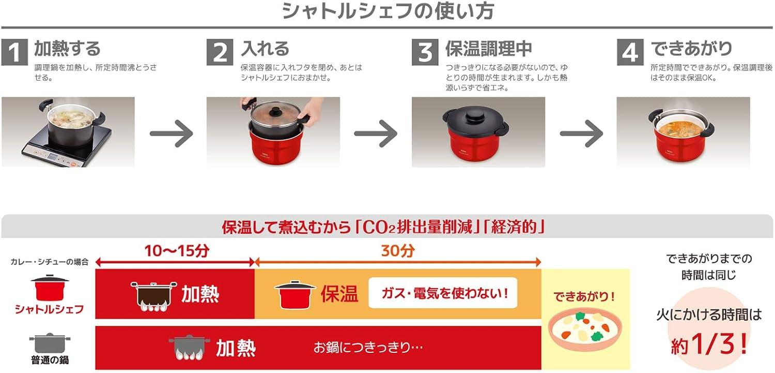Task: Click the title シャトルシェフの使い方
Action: tap(387, 11)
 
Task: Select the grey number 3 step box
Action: tap(425, 52)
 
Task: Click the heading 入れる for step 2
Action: tap(266, 49)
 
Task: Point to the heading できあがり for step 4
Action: tap(691, 49)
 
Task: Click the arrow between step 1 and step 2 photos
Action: tap(171, 133)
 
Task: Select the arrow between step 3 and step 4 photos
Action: tap(581, 133)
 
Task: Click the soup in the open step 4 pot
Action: tap(683, 123)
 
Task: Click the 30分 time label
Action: tap(398, 251)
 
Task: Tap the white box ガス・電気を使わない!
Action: tap(442, 293)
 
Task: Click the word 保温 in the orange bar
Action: tap(339, 294)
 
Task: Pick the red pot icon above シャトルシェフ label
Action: tap(49, 288)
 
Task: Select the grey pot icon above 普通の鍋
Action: tap(49, 343)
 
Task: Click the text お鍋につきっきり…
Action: tap(368, 347)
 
